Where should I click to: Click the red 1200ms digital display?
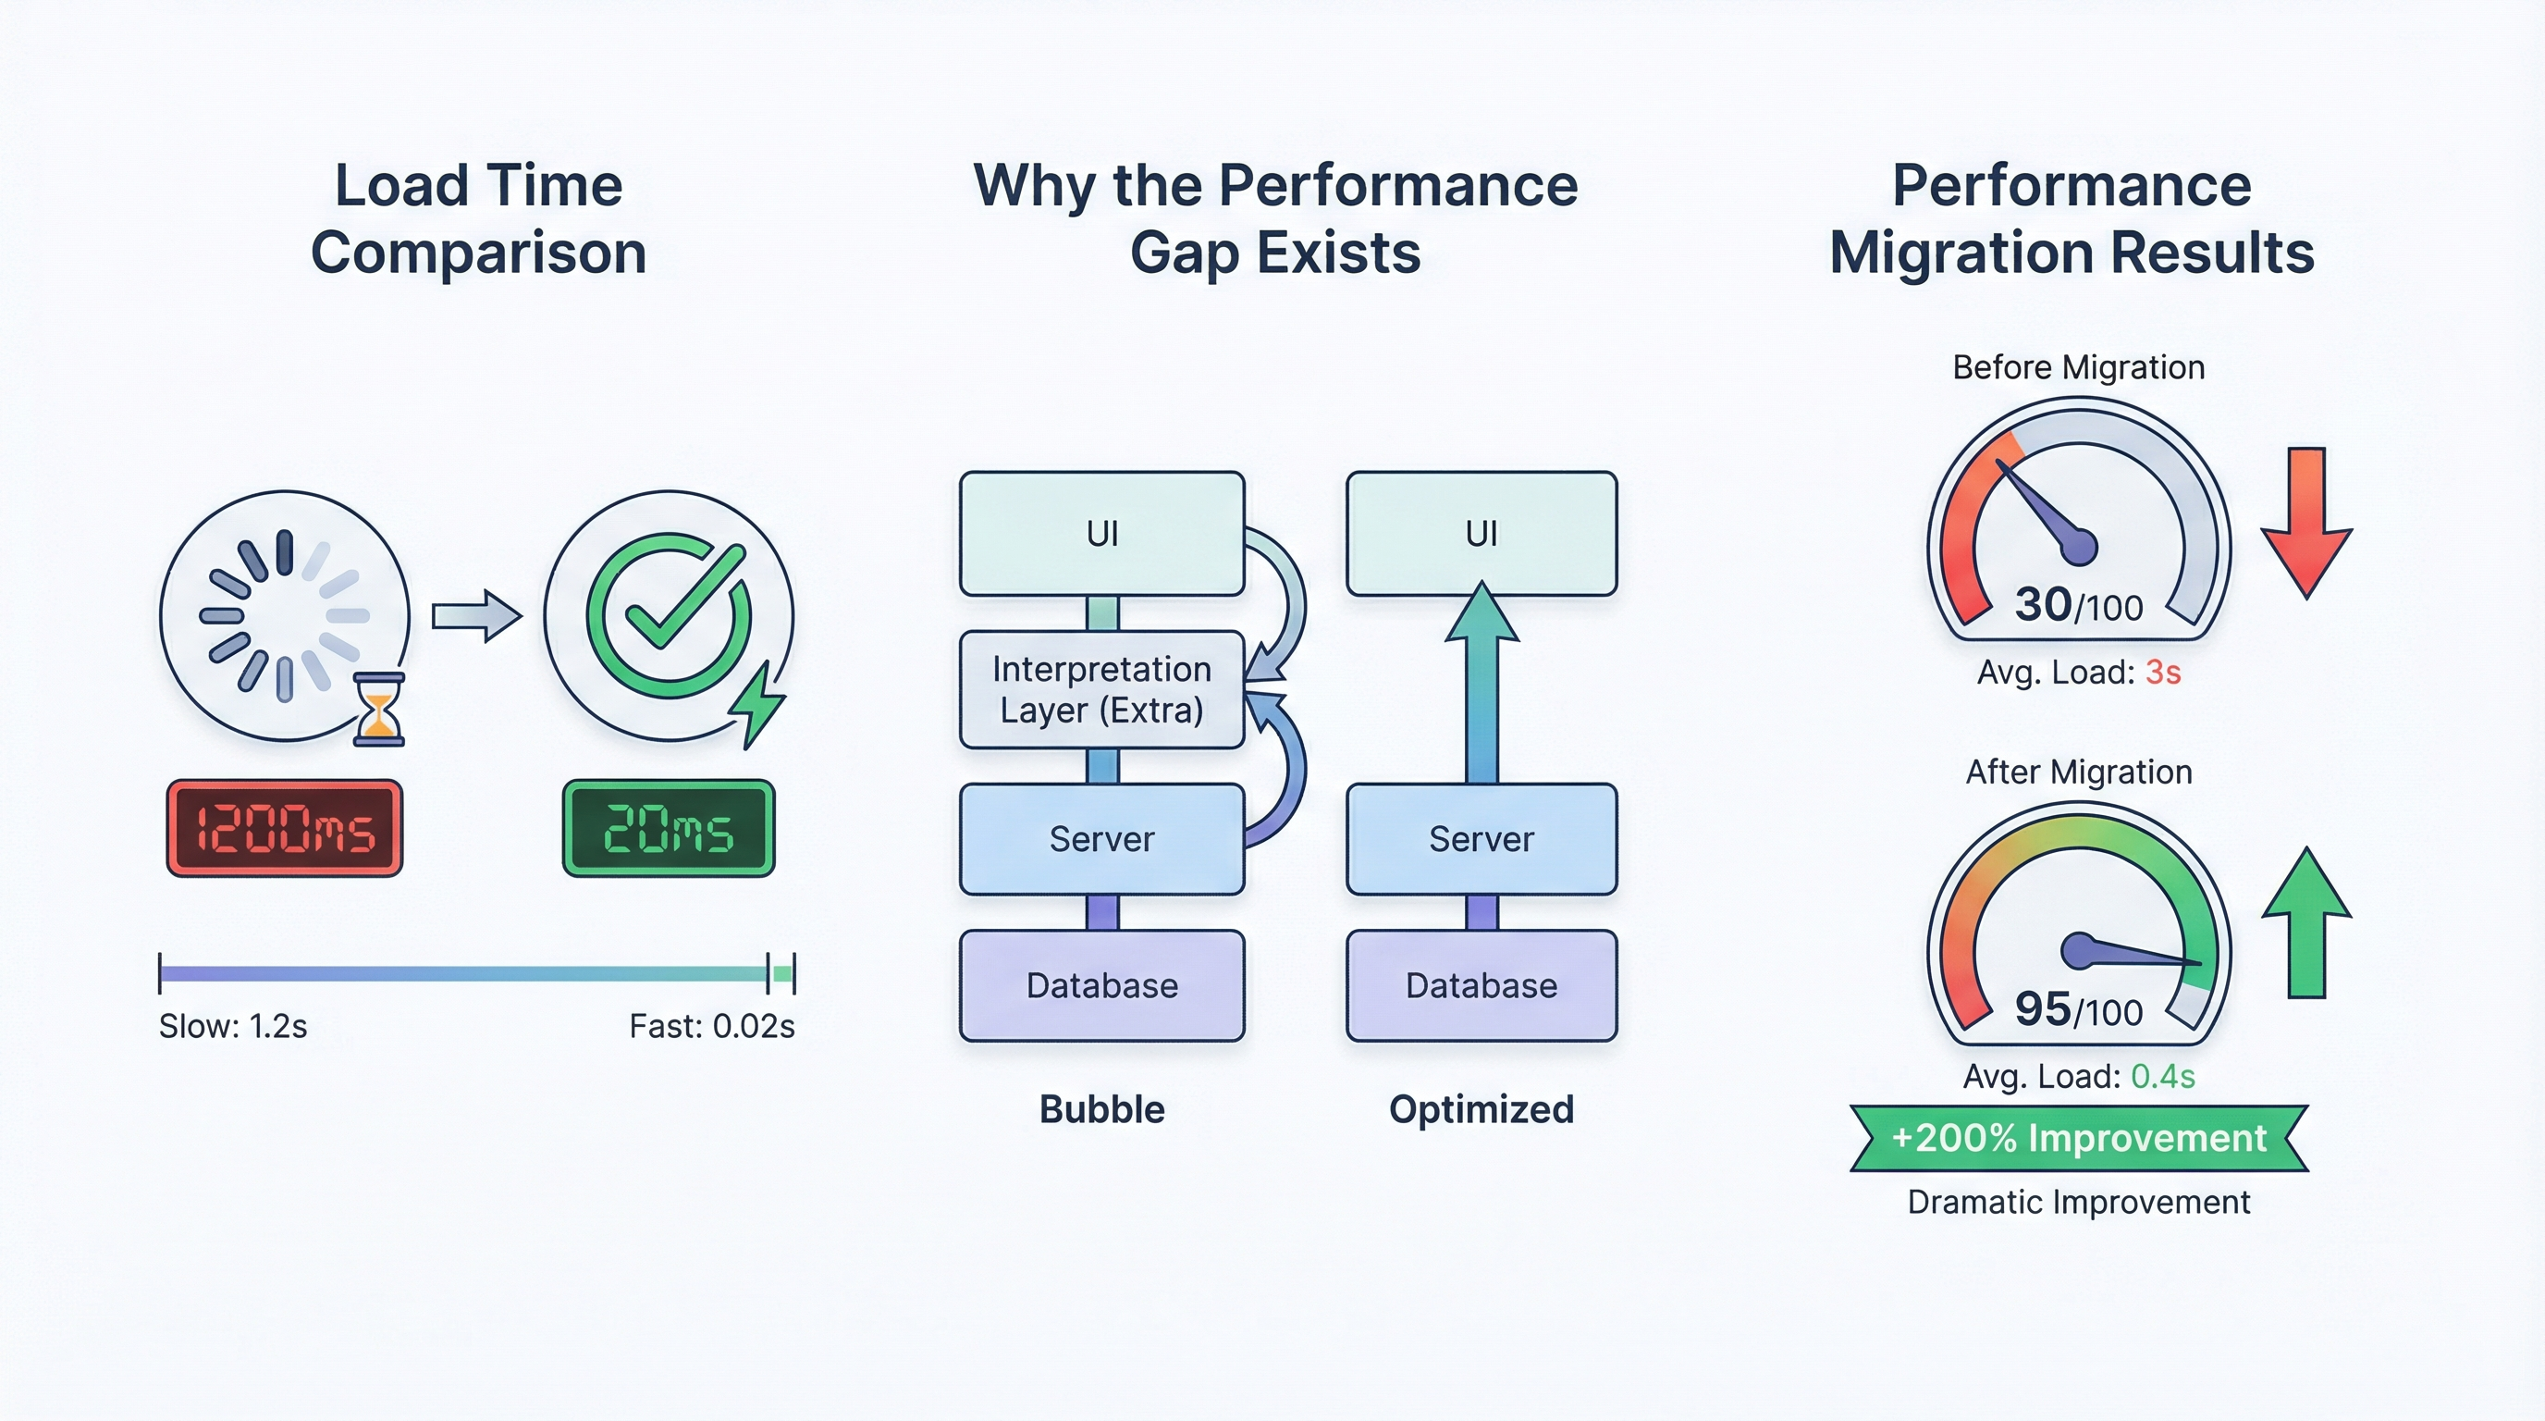click(285, 828)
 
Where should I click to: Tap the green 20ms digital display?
click(669, 828)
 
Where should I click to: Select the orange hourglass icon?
click(379, 709)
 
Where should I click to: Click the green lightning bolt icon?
click(757, 705)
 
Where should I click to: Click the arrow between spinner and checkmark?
click(476, 615)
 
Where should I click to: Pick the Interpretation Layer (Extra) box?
click(1101, 690)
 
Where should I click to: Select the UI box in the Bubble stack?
click(1101, 534)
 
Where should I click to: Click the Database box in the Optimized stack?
click(1481, 985)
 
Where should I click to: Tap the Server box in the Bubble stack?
click(1101, 839)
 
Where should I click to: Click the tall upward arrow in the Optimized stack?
click(1481, 682)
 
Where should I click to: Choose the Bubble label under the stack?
click(1101, 1108)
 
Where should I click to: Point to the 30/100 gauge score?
click(2078, 605)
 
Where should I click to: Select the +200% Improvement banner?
click(2078, 1139)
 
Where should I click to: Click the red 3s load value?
click(2163, 673)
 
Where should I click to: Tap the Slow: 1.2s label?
click(233, 1027)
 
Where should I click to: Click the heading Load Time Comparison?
click(478, 218)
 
